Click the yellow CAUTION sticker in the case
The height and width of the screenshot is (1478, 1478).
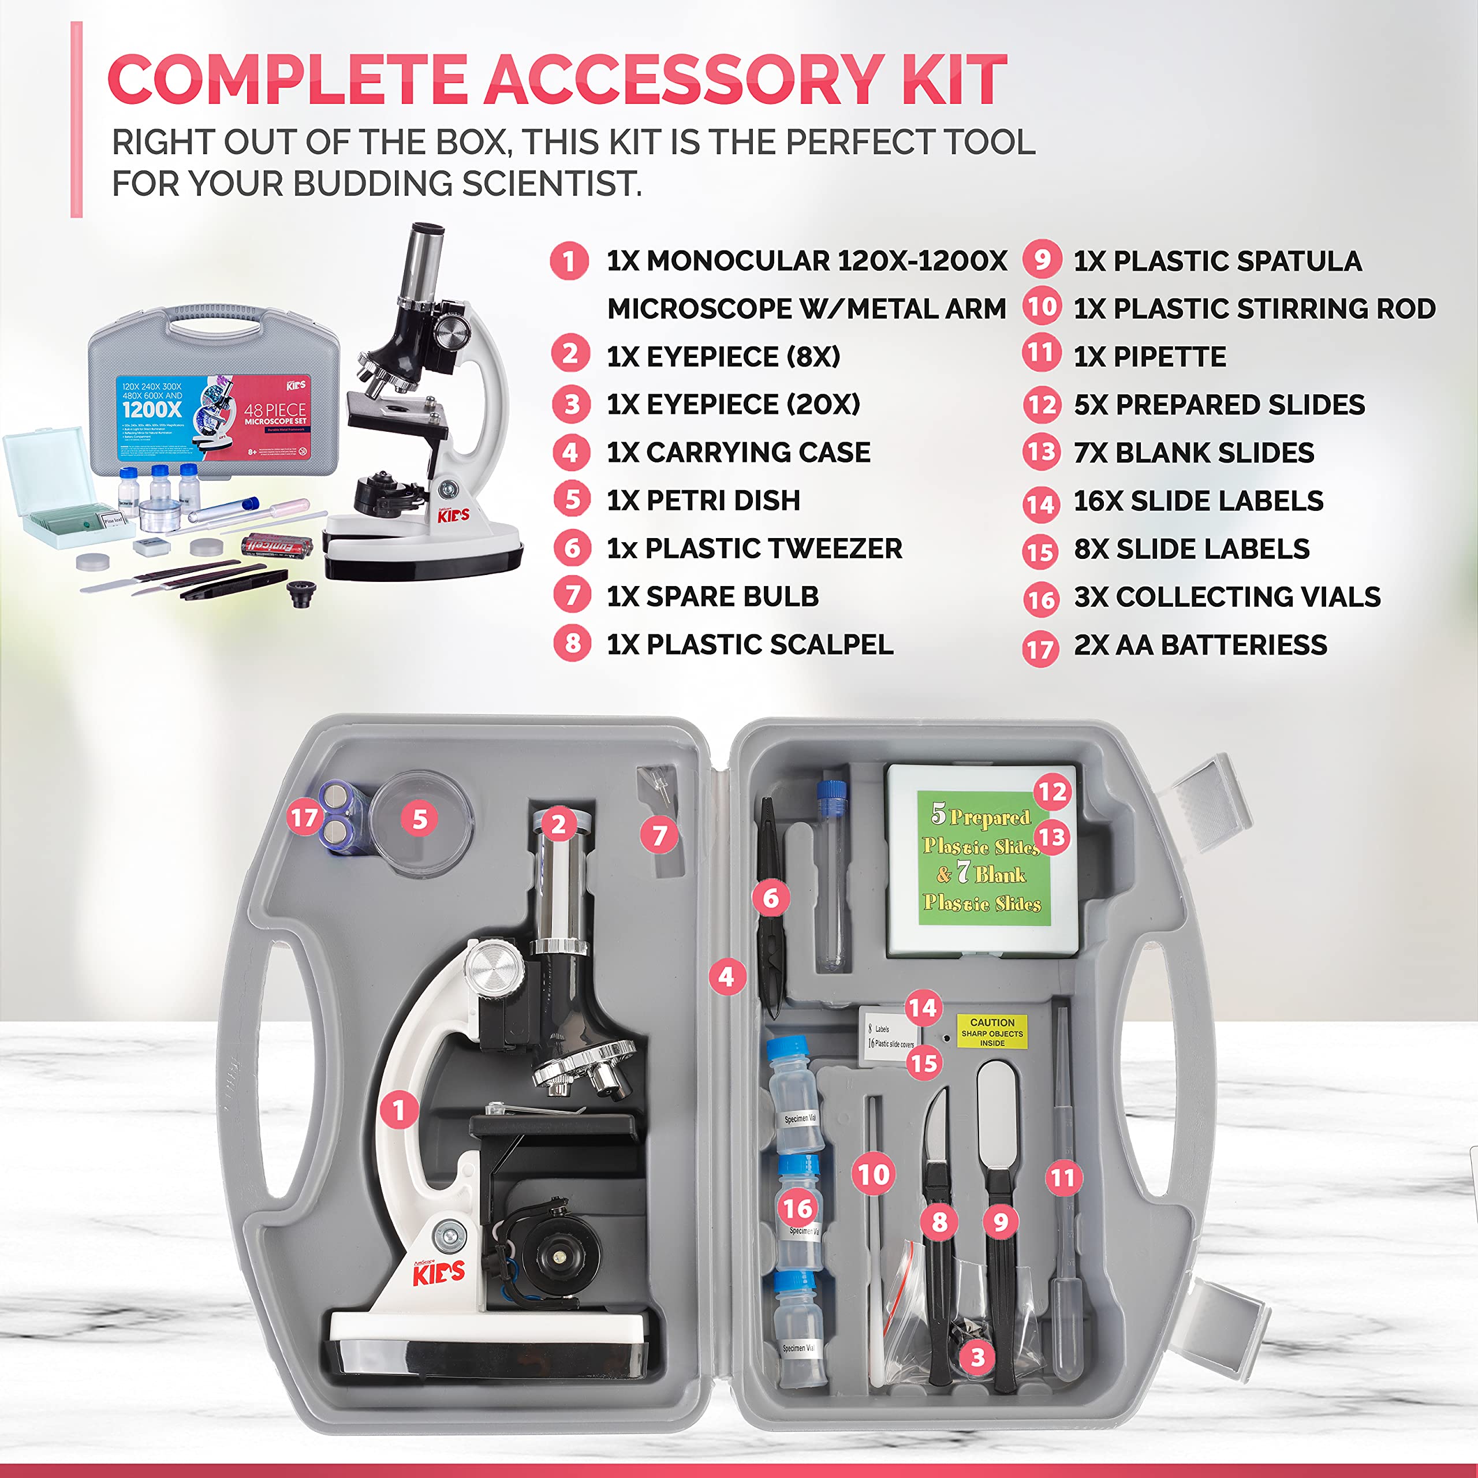991,1032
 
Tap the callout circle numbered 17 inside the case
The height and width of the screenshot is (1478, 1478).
304,818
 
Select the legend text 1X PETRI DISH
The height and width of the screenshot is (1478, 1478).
703,501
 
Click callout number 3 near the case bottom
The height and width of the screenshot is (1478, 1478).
977,1358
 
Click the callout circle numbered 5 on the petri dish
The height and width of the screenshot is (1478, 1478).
419,819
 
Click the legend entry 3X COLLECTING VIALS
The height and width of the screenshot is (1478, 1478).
1226,597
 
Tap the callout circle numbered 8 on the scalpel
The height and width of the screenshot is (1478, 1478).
939,1222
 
